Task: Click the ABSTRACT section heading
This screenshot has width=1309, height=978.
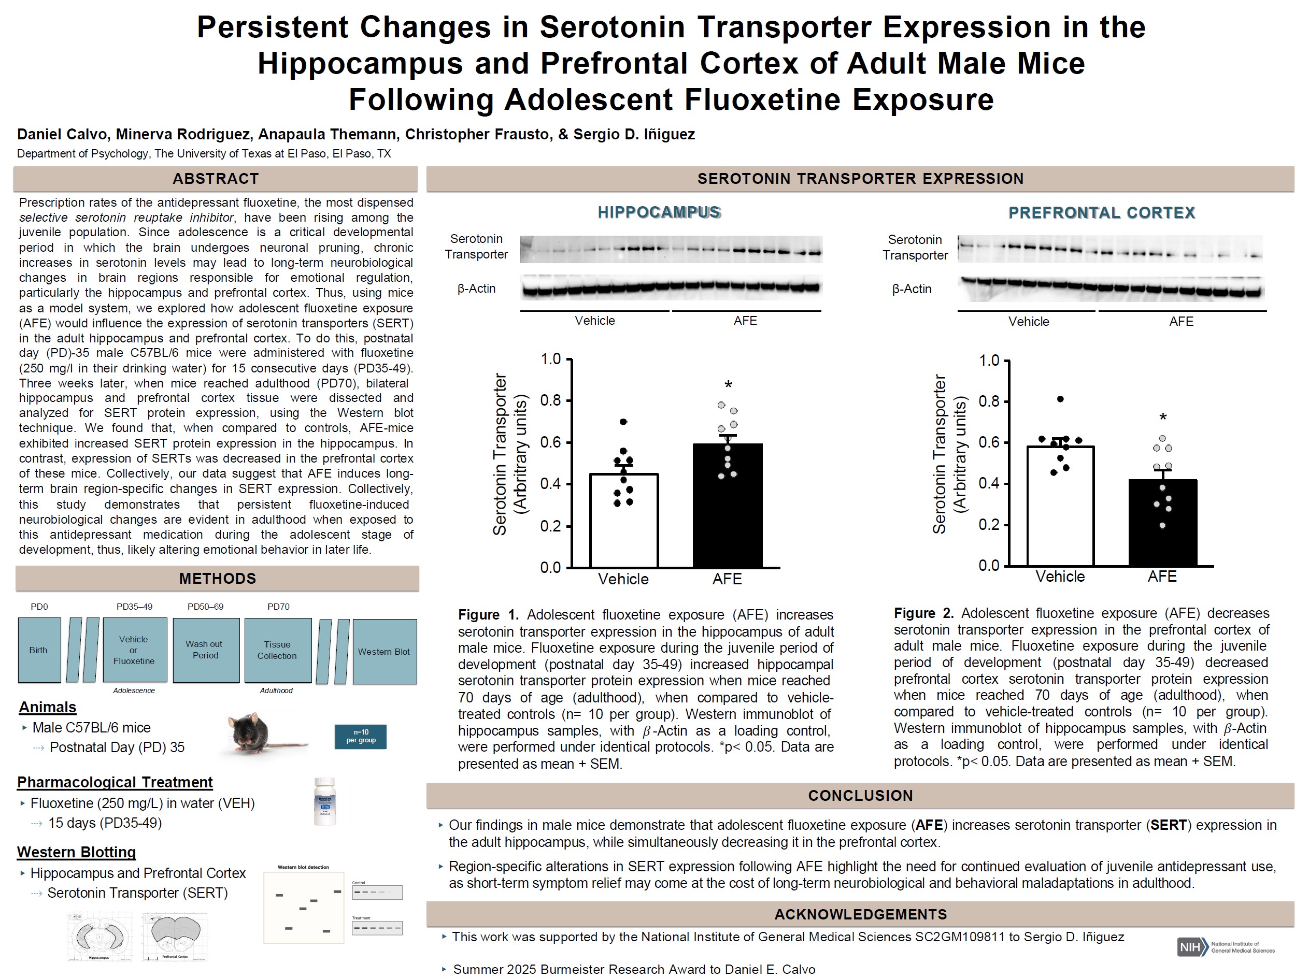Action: point(216,179)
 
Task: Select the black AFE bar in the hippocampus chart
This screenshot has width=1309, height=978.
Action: point(727,509)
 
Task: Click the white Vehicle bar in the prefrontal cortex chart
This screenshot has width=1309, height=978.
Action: point(1060,509)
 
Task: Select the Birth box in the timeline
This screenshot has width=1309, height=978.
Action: point(39,650)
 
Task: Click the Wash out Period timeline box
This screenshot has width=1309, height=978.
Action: point(205,650)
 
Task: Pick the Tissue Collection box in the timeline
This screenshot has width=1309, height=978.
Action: point(278,650)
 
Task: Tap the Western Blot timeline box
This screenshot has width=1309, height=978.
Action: point(384,652)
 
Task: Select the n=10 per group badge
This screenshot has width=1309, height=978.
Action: point(360,737)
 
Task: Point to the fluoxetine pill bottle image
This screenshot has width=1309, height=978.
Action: point(325,802)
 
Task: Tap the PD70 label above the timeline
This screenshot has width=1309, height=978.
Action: point(278,607)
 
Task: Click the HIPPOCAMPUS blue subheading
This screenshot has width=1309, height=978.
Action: point(659,212)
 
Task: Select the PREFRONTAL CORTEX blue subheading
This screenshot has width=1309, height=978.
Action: point(1101,213)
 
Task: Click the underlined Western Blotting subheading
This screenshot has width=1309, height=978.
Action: point(76,852)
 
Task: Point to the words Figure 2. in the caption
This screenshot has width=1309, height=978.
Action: point(923,613)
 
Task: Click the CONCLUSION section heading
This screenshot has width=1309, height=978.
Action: point(860,795)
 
